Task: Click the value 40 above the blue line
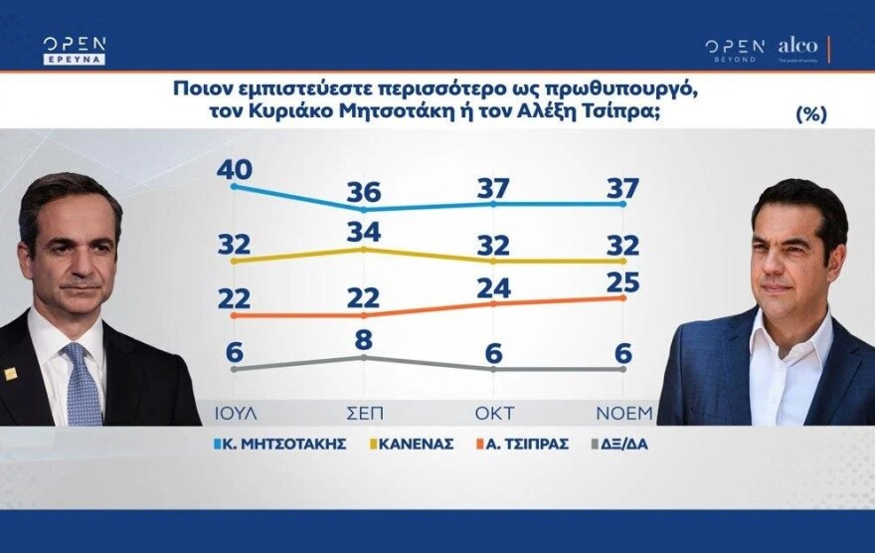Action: [235, 169]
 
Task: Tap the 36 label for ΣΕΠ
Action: [364, 192]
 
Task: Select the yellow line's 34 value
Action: [364, 231]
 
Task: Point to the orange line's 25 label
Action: [622, 282]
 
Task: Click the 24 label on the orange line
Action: [494, 288]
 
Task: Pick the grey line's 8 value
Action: [364, 340]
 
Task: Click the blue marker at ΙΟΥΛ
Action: [234, 186]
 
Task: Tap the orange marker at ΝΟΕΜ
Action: [622, 298]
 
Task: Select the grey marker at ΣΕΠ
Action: [364, 357]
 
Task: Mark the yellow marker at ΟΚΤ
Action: [493, 261]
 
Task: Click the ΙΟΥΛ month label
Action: [236, 414]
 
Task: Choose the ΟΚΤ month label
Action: [494, 414]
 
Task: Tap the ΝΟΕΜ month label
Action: [623, 414]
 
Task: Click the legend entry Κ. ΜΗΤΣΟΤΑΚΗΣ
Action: [280, 445]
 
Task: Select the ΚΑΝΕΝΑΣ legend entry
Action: [412, 445]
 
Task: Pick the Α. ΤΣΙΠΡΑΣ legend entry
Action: [522, 445]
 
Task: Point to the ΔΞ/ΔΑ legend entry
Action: [619, 445]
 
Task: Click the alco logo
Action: [798, 47]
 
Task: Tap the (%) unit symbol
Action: [810, 113]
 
